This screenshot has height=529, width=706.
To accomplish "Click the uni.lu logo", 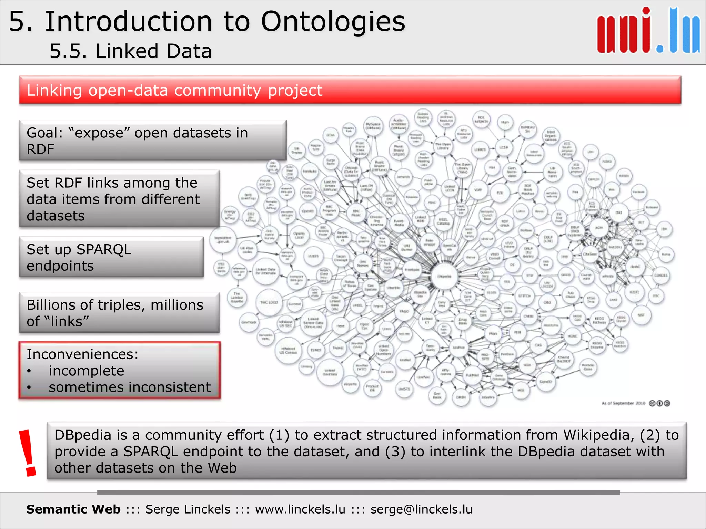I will point(648,31).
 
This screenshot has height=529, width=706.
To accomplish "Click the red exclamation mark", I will point(28,453).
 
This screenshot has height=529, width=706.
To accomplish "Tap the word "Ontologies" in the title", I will point(333,21).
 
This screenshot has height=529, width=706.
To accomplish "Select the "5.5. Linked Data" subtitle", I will point(130,51).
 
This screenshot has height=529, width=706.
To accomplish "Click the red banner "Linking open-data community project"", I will point(350,90).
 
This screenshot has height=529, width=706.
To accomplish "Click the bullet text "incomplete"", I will point(86,371).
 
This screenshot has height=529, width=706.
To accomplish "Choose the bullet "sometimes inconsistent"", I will point(129,387).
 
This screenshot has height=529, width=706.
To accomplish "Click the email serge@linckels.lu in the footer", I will point(421,509).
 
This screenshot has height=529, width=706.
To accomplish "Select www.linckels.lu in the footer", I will point(300,509).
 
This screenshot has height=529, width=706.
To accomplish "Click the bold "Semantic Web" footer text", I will point(73,509).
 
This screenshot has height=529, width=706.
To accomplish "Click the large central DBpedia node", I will point(444,277).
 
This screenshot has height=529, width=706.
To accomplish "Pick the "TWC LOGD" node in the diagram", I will point(269,302).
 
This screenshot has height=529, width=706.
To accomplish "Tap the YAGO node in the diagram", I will point(404,311).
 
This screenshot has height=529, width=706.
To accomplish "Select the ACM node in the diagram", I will point(599,228).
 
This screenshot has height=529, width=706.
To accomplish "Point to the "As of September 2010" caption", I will point(623,403).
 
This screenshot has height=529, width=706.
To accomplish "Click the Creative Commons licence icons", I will point(659,403).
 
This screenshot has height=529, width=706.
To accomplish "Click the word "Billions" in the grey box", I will point(51,305).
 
